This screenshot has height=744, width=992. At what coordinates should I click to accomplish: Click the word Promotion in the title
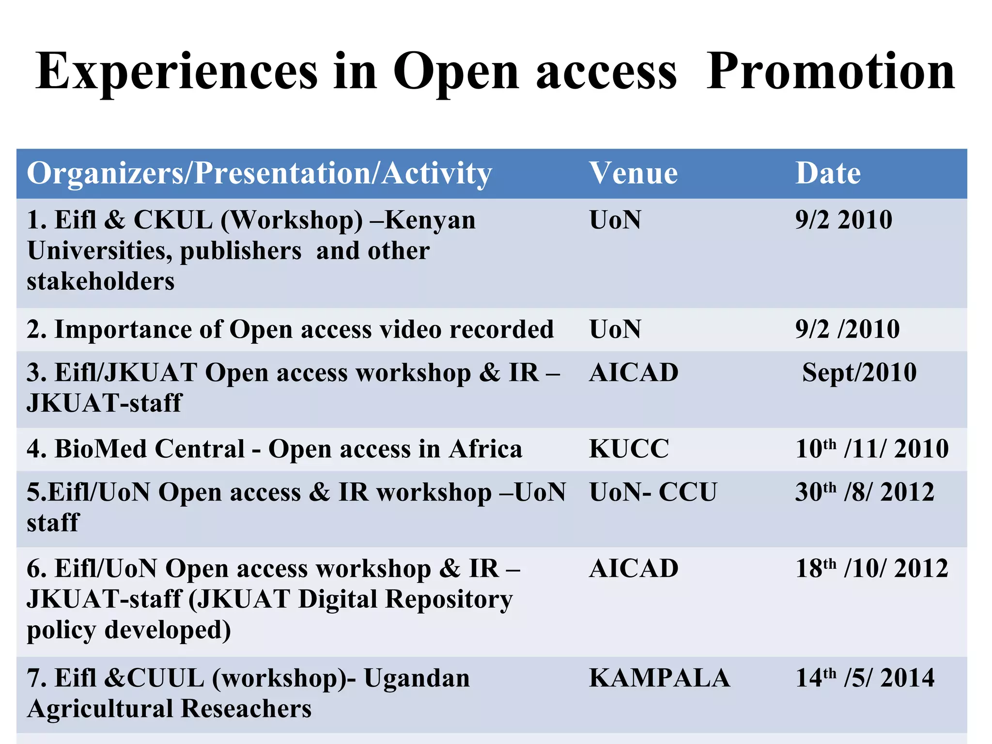[830, 71]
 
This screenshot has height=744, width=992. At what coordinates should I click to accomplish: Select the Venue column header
[633, 173]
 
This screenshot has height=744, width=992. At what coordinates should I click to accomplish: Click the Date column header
[828, 173]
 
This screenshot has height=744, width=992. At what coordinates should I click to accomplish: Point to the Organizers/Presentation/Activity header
[259, 174]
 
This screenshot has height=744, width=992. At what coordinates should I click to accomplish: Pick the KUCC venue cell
[629, 449]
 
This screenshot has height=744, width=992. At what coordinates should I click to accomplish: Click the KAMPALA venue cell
[659, 678]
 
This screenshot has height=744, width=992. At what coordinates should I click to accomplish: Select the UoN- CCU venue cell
[653, 492]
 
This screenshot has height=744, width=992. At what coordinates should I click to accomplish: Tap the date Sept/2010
[859, 373]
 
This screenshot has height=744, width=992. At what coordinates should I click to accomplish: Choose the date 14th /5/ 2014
[865, 678]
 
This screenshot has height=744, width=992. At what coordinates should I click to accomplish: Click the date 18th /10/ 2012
[871, 568]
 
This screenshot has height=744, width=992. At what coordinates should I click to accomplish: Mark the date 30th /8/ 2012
[865, 492]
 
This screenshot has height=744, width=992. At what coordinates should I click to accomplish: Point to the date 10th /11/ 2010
[871, 449]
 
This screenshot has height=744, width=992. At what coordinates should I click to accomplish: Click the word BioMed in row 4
[102, 449]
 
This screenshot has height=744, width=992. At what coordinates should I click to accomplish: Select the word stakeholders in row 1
[101, 281]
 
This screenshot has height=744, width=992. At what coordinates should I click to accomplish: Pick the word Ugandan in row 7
[417, 678]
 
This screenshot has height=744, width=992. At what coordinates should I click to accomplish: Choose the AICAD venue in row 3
[634, 373]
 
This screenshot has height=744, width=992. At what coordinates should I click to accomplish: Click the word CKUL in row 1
[173, 220]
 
